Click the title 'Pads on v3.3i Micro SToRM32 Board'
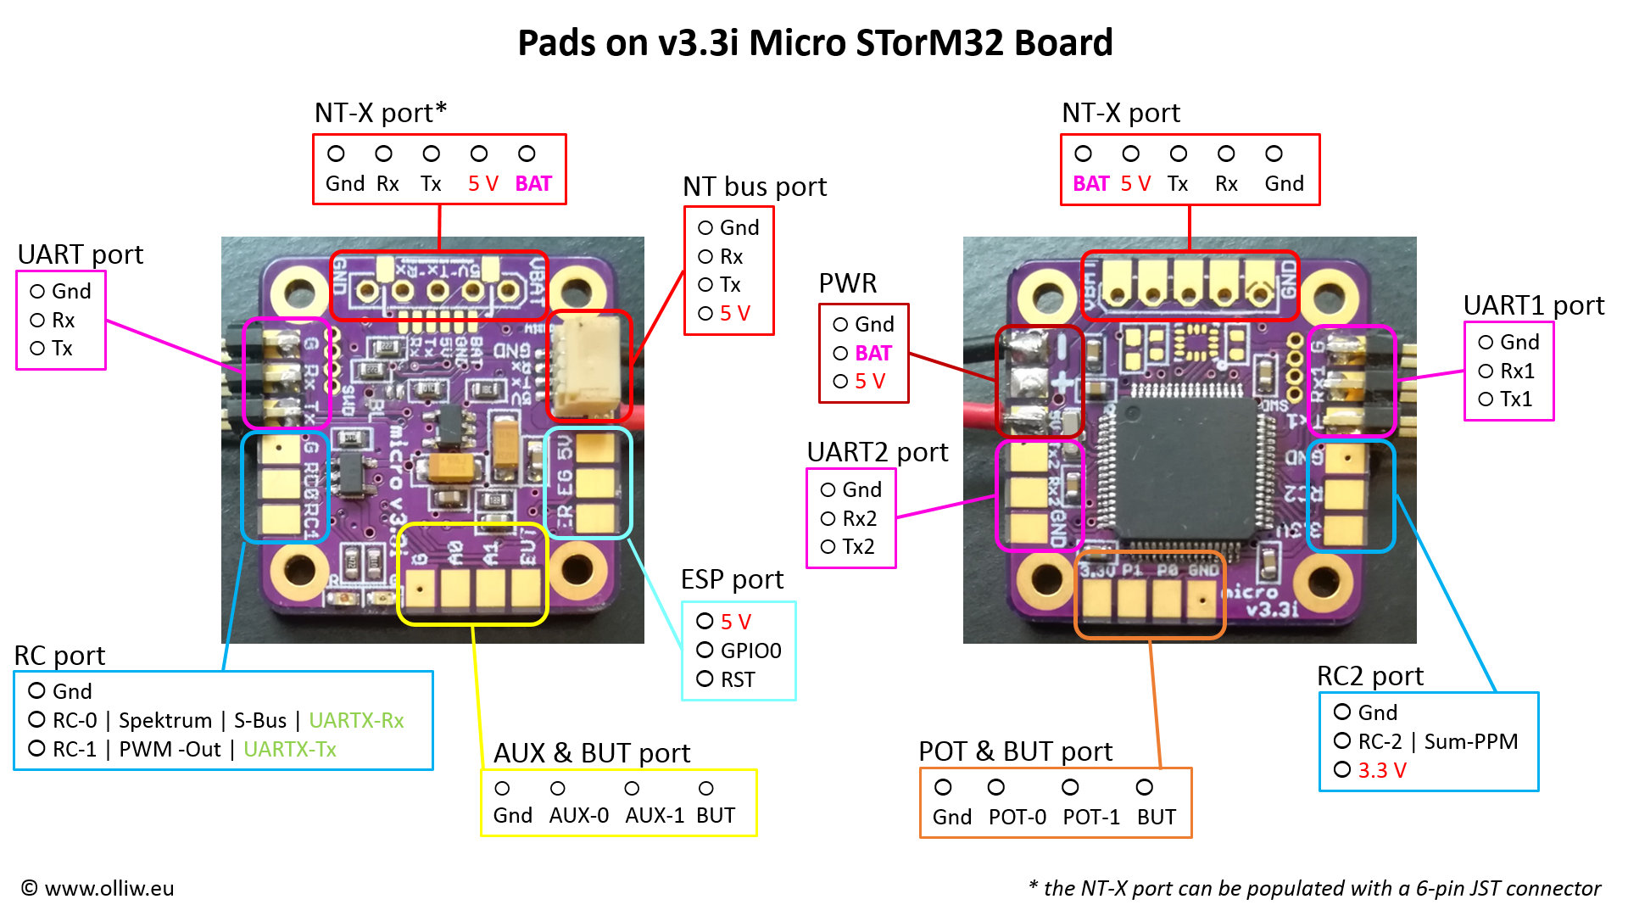[814, 42]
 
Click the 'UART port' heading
[81, 254]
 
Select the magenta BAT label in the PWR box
[873, 353]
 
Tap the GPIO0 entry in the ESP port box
[750, 651]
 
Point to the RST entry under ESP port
[738, 679]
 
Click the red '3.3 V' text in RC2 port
[1382, 770]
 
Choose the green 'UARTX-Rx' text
[356, 720]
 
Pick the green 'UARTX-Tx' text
[290, 749]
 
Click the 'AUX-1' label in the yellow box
[655, 815]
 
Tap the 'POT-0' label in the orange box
[1017, 817]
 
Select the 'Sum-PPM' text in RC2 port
[1471, 741]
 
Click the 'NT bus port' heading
[755, 187]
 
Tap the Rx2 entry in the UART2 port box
[859, 518]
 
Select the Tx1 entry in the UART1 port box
[1516, 399]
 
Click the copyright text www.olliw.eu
[98, 888]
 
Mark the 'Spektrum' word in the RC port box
[165, 720]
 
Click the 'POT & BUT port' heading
[1015, 751]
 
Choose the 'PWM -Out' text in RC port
[170, 749]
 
